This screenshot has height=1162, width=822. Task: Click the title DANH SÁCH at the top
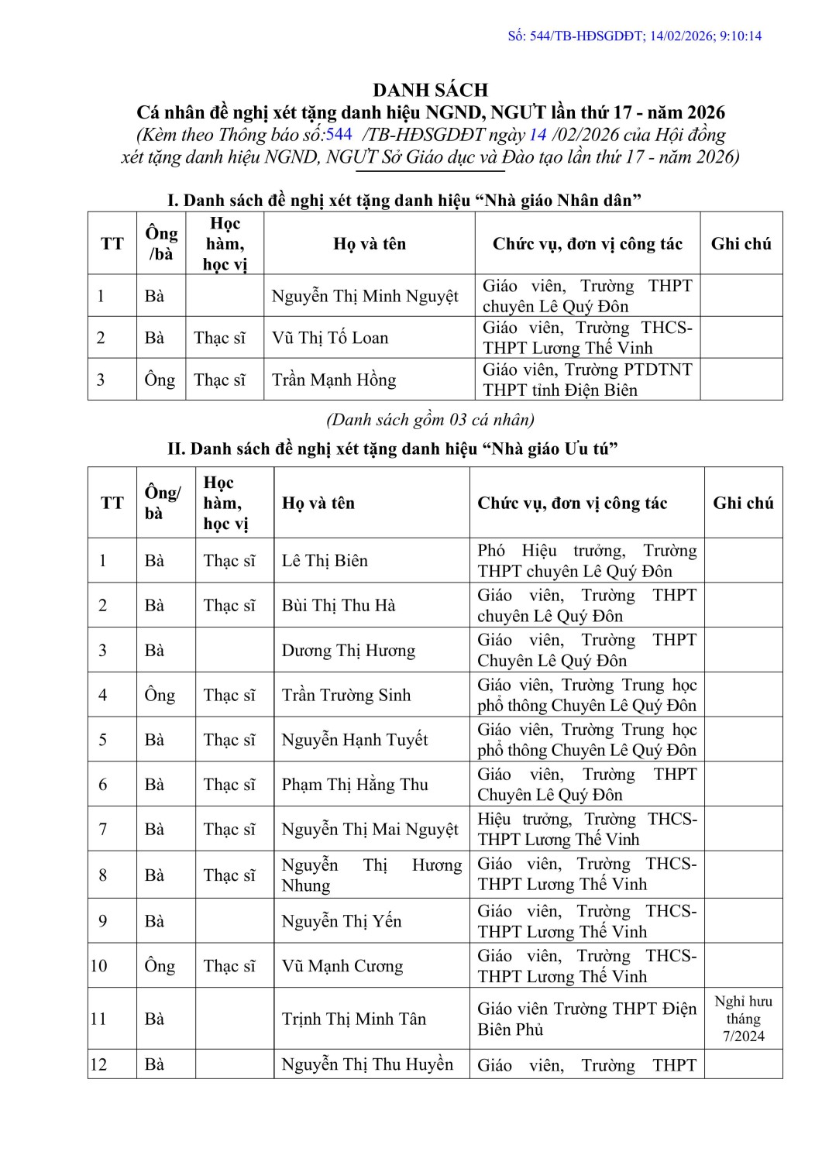tap(430, 90)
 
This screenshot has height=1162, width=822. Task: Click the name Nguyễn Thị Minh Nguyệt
tap(365, 296)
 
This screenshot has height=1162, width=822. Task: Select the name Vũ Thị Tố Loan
tap(330, 338)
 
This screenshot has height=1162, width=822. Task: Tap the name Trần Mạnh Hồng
tap(334, 380)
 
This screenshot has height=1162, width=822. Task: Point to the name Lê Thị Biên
tap(325, 560)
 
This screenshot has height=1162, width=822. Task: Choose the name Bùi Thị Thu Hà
tap(339, 605)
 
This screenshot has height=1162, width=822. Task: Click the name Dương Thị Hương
tap(349, 650)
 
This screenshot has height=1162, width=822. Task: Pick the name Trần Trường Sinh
tap(346, 695)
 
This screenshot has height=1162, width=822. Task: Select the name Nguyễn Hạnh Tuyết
tap(355, 740)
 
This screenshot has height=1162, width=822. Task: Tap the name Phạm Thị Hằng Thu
tap(355, 785)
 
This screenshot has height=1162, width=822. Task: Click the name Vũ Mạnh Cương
tap(342, 966)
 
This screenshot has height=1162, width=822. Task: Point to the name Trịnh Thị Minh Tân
tap(354, 1019)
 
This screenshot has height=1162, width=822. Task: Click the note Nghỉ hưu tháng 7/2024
tap(743, 1019)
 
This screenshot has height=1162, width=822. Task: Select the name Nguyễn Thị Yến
tap(342, 921)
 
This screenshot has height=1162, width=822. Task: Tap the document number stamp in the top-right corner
tap(635, 36)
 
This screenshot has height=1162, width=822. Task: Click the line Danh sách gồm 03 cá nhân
tap(430, 420)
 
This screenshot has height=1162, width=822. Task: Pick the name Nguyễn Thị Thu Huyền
tap(367, 1064)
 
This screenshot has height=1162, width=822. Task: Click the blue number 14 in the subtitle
tap(538, 134)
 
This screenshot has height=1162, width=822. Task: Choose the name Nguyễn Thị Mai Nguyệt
tap(370, 830)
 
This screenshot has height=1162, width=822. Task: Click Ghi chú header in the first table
tap(741, 244)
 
